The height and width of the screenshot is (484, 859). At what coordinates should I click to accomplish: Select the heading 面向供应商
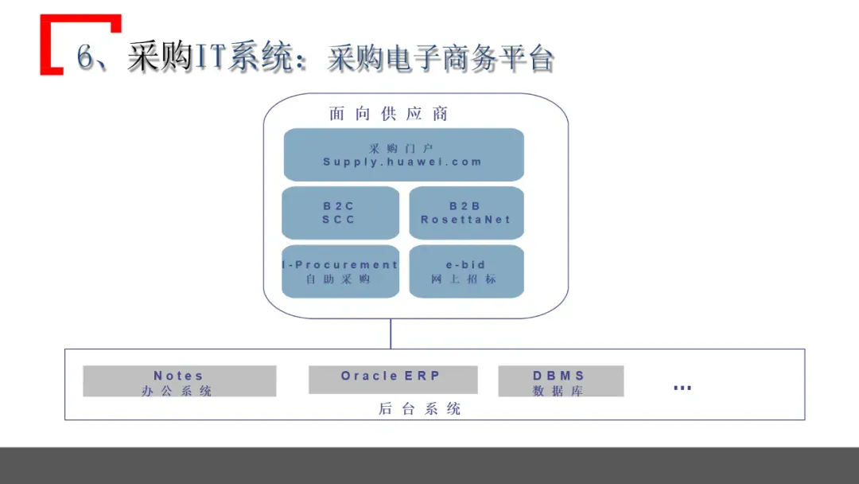point(389,114)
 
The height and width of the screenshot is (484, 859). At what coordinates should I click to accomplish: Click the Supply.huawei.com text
point(402,162)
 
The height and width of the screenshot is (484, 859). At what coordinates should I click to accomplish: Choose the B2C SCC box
point(340,213)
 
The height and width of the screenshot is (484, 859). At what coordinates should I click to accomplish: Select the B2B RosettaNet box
point(466,213)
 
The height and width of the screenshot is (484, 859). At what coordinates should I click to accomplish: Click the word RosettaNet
point(466,220)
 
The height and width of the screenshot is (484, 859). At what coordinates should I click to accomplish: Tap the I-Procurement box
point(340,271)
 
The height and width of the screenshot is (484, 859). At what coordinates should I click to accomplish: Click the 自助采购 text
point(339,279)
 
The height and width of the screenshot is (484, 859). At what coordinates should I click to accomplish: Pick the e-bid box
point(466,271)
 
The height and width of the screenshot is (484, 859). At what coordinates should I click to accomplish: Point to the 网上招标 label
point(464,279)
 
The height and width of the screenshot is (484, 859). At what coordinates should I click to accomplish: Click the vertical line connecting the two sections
point(391,334)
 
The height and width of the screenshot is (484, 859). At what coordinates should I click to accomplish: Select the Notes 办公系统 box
point(179,381)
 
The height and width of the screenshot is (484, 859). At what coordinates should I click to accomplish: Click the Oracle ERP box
point(392,379)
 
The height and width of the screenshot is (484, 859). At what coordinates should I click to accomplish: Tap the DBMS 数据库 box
point(560,381)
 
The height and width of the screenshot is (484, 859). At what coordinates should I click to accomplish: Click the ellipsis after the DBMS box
point(682,388)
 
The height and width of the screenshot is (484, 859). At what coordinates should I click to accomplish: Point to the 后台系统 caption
point(420,409)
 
